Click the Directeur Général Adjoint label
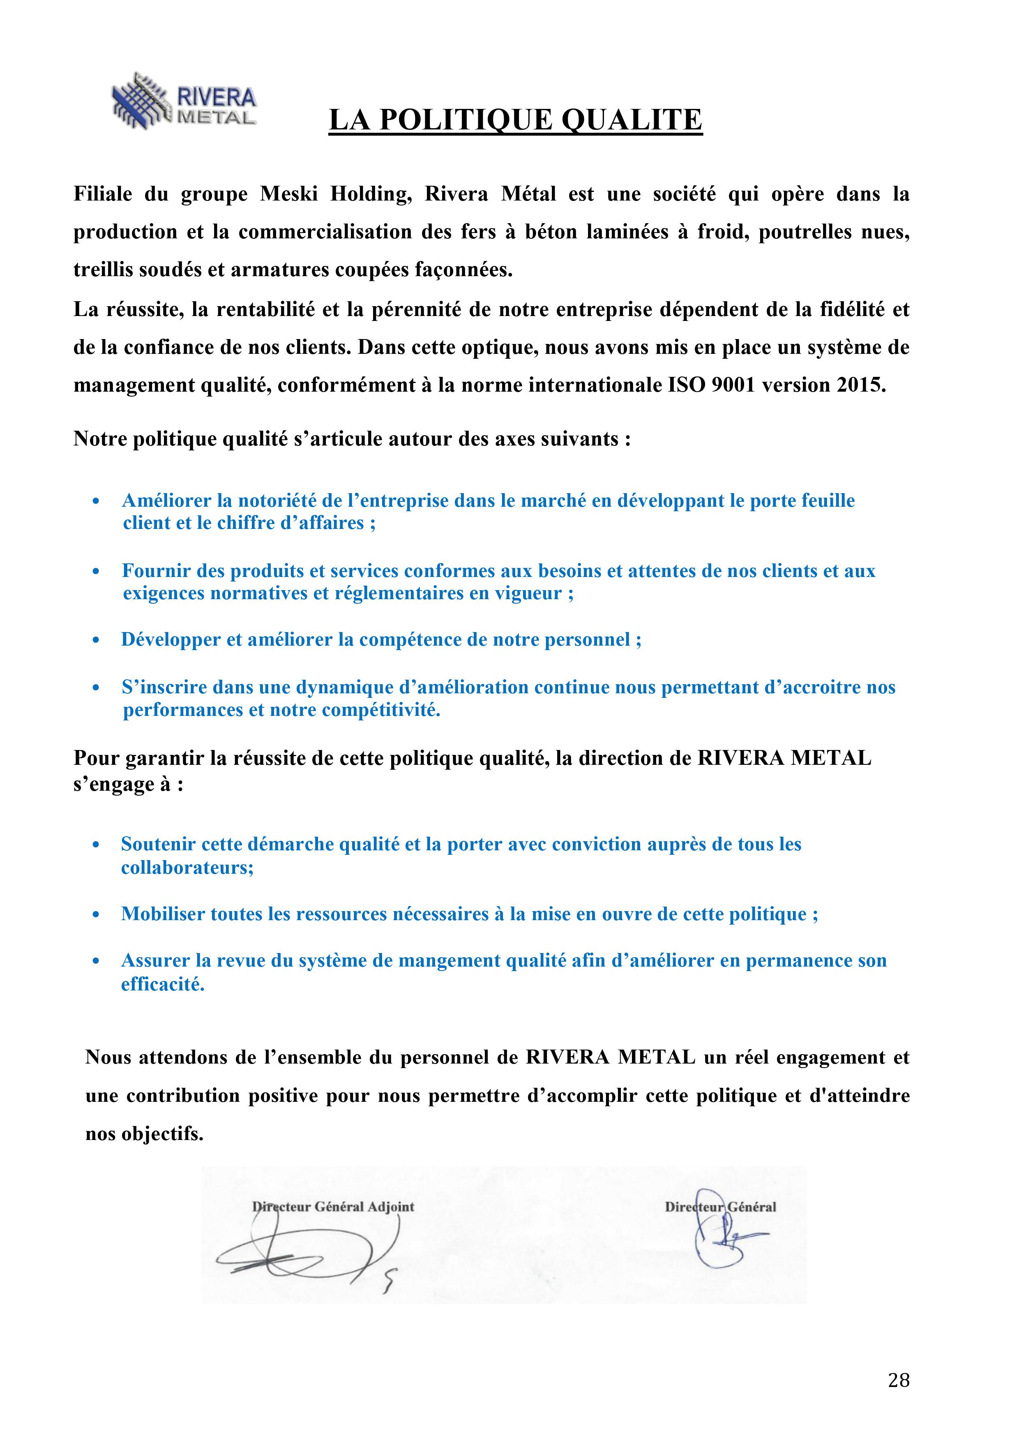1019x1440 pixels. pyautogui.click(x=332, y=1207)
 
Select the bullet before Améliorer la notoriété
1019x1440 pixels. pyautogui.click(x=96, y=501)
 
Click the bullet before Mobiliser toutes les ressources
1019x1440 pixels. pyautogui.click(x=96, y=915)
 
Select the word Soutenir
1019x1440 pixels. pyautogui.click(x=159, y=845)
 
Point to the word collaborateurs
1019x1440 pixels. pyautogui.click(x=187, y=868)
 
